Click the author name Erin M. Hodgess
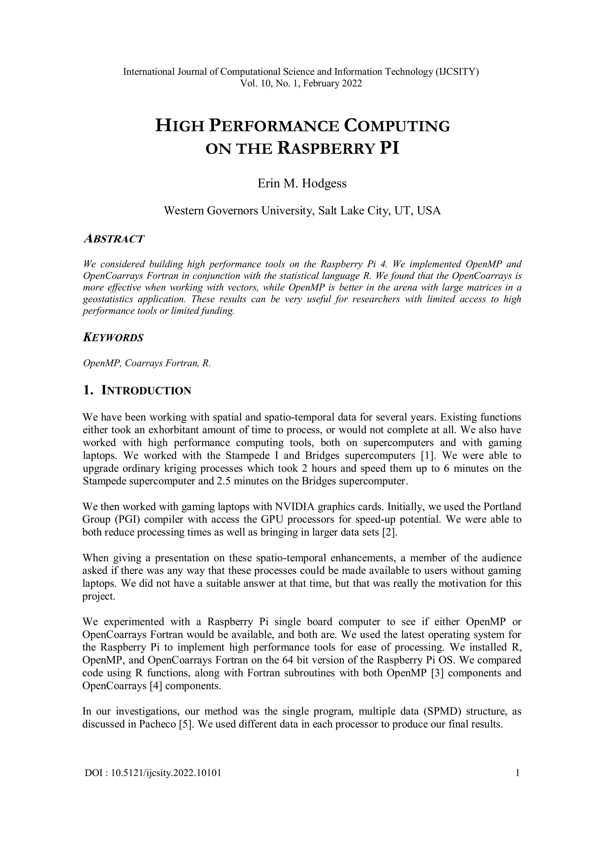point(302,183)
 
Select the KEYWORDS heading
point(113,338)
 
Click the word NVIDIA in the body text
point(295,507)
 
